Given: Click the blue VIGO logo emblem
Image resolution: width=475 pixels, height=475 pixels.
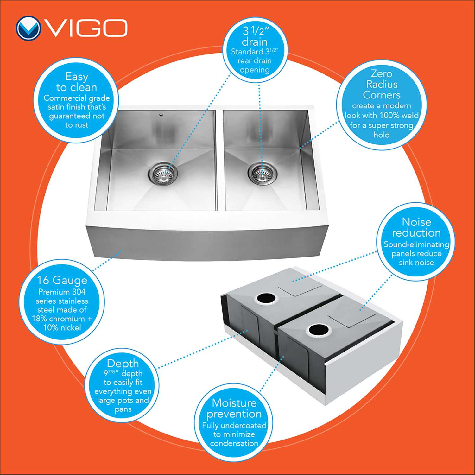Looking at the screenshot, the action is [x=28, y=28].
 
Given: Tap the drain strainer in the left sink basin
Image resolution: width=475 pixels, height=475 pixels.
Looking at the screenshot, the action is [x=163, y=173].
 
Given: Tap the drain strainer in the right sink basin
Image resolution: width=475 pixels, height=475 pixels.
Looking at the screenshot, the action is [x=262, y=173].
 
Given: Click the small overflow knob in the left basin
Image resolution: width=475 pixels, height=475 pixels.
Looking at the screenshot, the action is [x=161, y=114].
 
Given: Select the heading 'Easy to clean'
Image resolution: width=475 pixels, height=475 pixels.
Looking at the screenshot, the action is [x=77, y=82].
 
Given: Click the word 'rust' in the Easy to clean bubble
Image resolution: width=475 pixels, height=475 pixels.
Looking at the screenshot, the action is [x=81, y=125].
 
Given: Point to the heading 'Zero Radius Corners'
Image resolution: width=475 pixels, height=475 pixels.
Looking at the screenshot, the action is [x=382, y=84].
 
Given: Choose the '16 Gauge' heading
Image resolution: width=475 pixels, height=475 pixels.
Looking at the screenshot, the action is [x=62, y=280].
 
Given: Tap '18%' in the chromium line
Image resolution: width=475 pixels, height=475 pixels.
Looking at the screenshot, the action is [x=40, y=319].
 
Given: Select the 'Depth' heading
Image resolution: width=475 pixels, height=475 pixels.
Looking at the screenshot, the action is [x=123, y=364].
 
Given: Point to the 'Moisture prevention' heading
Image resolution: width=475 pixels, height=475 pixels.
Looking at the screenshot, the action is [x=234, y=408].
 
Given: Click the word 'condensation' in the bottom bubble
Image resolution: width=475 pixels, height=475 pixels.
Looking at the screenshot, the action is [x=234, y=443].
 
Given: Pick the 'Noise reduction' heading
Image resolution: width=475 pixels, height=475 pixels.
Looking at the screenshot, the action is [x=416, y=227].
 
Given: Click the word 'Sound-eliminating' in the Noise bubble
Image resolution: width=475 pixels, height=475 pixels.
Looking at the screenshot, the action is [x=416, y=244].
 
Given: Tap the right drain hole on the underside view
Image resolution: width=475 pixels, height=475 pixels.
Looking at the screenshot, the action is [x=318, y=330].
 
